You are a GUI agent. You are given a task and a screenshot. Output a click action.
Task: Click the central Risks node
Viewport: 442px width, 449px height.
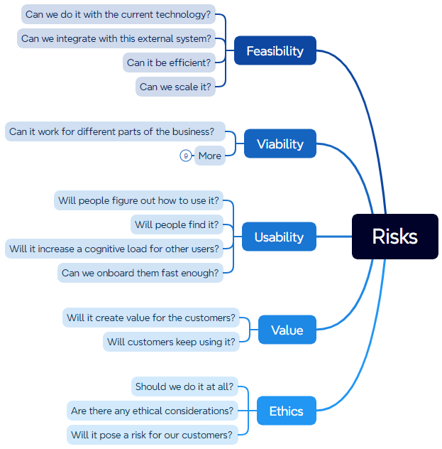click(x=394, y=237)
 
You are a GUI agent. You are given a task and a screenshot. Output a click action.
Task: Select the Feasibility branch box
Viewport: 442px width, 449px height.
click(x=275, y=51)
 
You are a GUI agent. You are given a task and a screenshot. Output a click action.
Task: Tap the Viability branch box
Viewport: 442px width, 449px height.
click(x=280, y=144)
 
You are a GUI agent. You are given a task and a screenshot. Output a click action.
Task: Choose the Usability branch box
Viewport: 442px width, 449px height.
click(x=279, y=237)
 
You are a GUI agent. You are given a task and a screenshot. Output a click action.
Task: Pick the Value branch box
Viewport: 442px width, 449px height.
click(x=287, y=330)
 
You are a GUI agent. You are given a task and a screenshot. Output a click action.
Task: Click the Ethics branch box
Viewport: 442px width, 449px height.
click(x=286, y=411)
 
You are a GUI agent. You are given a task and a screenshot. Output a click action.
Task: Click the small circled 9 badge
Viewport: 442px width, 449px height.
click(x=186, y=156)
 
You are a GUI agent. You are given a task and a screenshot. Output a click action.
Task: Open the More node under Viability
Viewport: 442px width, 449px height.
click(x=210, y=156)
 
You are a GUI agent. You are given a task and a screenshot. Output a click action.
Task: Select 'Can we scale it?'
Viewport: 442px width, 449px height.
click(x=175, y=87)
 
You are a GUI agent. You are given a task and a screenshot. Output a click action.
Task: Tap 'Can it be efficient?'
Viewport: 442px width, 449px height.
click(x=169, y=63)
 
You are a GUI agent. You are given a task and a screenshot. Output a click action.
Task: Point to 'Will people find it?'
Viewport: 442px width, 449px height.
click(x=177, y=225)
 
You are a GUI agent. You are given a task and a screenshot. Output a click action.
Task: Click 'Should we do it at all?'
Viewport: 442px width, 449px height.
click(x=184, y=387)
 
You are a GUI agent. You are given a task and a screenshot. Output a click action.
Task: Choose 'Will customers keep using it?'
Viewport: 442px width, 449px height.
click(x=171, y=342)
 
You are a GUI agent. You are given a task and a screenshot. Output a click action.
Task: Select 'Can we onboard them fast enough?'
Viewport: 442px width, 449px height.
click(x=140, y=273)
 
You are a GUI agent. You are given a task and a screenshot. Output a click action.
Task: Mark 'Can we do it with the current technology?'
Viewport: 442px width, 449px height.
click(x=118, y=14)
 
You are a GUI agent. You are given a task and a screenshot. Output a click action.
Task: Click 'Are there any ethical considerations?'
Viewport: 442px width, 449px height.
click(x=153, y=411)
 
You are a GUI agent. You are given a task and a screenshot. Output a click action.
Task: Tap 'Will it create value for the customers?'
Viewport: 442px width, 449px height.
click(x=150, y=318)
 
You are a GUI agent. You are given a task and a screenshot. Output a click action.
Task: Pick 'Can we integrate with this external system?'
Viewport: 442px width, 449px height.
click(x=116, y=38)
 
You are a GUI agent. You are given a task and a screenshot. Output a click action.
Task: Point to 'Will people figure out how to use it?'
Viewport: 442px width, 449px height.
click(x=139, y=200)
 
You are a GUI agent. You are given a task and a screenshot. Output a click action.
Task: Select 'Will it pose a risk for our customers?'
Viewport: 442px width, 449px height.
click(x=152, y=435)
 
